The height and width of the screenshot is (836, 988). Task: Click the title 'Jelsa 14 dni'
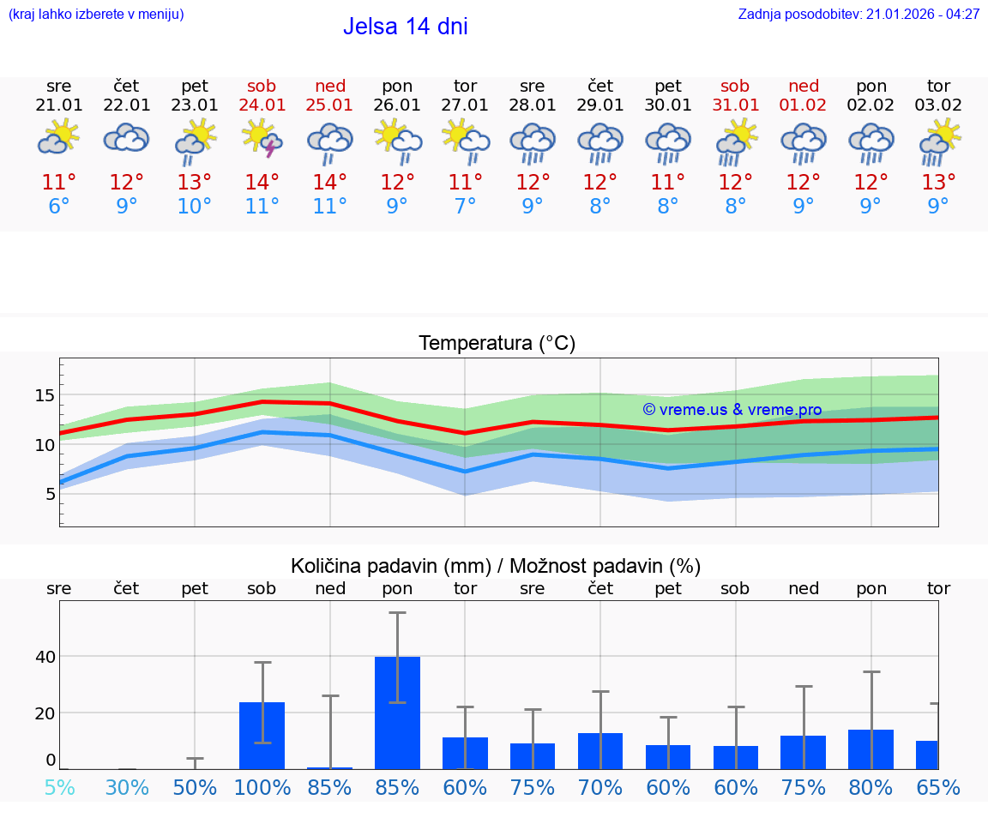pos(405,27)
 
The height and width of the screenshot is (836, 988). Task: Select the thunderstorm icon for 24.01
pos(262,138)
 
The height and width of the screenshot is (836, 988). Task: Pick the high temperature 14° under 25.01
pos(330,183)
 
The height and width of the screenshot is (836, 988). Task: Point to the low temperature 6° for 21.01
pos(58,207)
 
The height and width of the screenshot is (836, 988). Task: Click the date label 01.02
pos(804,105)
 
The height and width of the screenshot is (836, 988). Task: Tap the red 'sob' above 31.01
pos(735,86)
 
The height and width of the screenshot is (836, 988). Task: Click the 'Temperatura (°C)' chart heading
pos(497,344)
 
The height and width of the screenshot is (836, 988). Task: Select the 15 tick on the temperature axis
pos(45,395)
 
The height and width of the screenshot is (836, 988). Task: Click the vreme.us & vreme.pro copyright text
pos(732,410)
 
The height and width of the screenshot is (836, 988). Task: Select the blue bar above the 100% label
pos(262,735)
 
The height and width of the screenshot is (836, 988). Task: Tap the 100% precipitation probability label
pos(262,787)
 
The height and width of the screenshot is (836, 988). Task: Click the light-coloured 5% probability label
pos(59,787)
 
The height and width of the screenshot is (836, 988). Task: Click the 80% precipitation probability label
pos(871,787)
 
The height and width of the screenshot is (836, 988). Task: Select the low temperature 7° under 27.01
pos(465,207)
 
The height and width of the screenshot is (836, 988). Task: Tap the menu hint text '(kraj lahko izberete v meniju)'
pos(96,15)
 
